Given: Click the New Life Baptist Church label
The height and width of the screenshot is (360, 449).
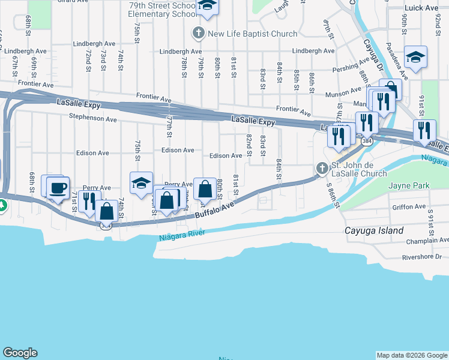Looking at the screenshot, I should coord(252,34).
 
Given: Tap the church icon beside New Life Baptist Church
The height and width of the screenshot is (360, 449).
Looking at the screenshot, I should coord(199,34).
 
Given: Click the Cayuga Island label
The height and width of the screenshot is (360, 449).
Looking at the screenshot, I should coord(373,230).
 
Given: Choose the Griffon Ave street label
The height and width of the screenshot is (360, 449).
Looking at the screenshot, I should coord(409,207).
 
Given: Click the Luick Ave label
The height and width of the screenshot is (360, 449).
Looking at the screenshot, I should coord(422,8).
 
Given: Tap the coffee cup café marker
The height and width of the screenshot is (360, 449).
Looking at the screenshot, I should coord(58,188).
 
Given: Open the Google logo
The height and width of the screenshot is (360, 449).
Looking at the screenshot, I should coord(20,353).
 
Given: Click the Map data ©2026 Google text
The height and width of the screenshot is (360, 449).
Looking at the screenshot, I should coord(412,355).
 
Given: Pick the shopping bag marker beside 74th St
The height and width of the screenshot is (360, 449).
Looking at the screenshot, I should coord(107,211).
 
